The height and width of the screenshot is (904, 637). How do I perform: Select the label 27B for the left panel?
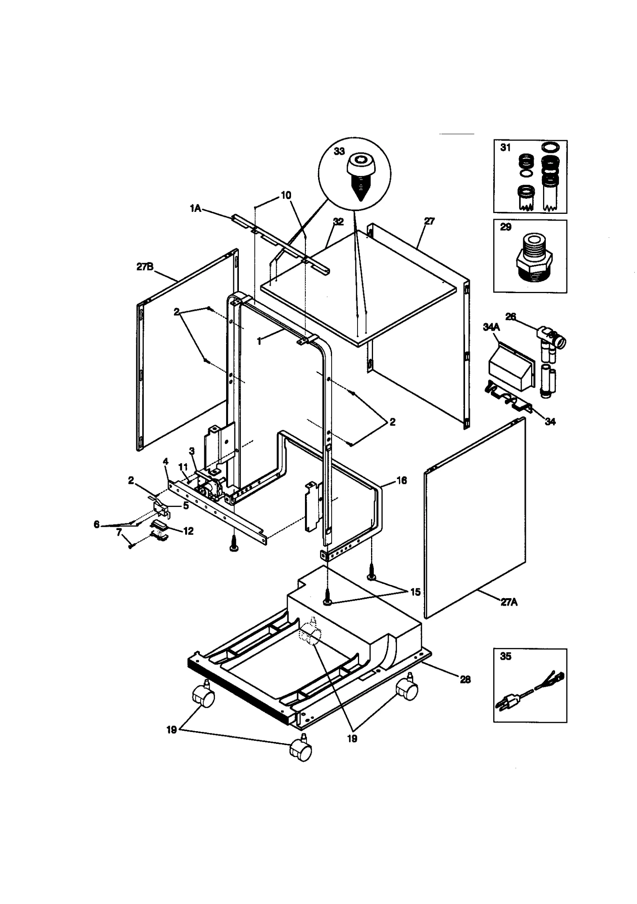[x=145, y=267]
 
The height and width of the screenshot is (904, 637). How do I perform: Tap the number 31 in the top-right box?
[x=505, y=148]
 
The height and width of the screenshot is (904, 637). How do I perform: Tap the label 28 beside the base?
[x=465, y=679]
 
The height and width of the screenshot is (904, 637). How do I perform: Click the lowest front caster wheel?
[x=301, y=751]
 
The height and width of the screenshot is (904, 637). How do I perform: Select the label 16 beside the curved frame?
[x=402, y=481]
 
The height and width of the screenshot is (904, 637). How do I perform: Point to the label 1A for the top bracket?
[x=195, y=208]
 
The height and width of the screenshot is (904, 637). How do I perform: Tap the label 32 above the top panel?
[x=338, y=222]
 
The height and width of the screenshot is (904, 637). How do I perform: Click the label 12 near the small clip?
[x=188, y=531]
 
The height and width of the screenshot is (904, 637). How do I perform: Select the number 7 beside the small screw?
[x=119, y=532]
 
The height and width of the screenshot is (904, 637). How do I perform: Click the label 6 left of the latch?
[x=96, y=524]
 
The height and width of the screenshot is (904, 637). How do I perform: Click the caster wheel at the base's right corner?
[x=407, y=691]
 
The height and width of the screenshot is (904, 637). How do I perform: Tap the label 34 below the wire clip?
[x=550, y=422]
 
